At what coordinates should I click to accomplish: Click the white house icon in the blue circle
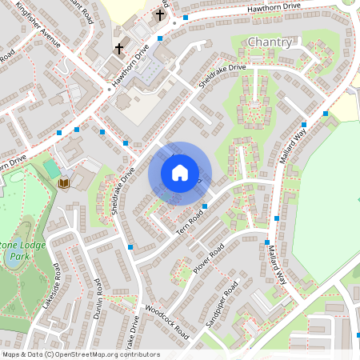(180, 173)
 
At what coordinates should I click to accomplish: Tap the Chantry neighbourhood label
(270, 42)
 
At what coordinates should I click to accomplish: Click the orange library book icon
(64, 184)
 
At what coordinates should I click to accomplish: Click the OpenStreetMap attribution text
(81, 354)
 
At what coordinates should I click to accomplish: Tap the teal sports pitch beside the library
(51, 169)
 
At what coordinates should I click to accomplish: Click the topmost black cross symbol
(160, 14)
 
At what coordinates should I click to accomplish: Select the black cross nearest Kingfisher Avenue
(119, 49)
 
